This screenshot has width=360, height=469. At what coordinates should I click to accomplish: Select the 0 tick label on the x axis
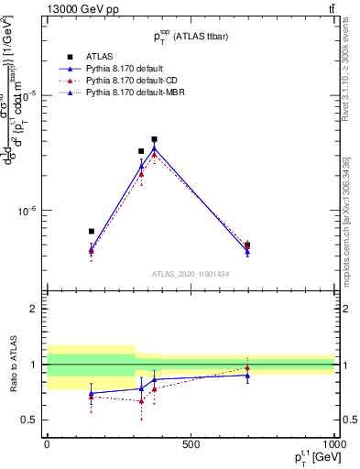47,444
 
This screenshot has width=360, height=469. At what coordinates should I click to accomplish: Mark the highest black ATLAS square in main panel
154,139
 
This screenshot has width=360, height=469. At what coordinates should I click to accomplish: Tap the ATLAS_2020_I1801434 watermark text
191,274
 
